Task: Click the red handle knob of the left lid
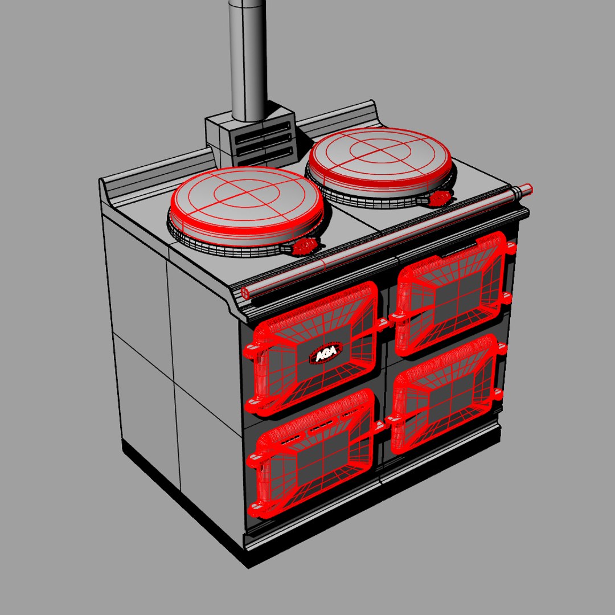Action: [x=305, y=245]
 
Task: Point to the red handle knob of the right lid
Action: [x=440, y=198]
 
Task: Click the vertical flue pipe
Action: [x=248, y=57]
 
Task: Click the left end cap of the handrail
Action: [x=245, y=293]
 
